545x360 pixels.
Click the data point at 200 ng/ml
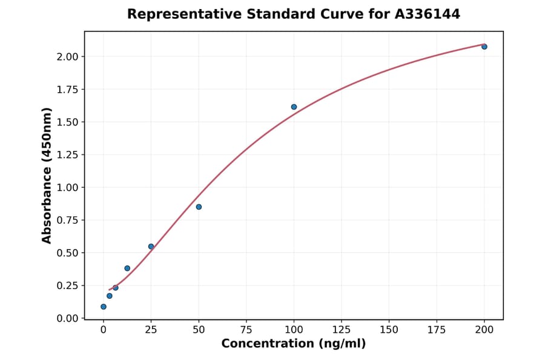tap(484, 47)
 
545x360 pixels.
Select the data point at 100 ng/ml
tap(294, 107)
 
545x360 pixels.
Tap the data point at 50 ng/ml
tap(199, 207)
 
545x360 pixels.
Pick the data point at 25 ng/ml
tap(151, 247)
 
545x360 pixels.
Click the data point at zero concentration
tap(104, 307)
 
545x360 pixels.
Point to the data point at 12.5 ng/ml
tap(127, 268)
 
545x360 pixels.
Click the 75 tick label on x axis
tap(246, 330)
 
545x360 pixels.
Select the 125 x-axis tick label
tap(342, 330)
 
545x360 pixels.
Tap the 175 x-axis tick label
tap(437, 330)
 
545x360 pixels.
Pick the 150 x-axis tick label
tap(389, 330)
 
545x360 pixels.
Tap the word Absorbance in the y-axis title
tap(47, 198)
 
